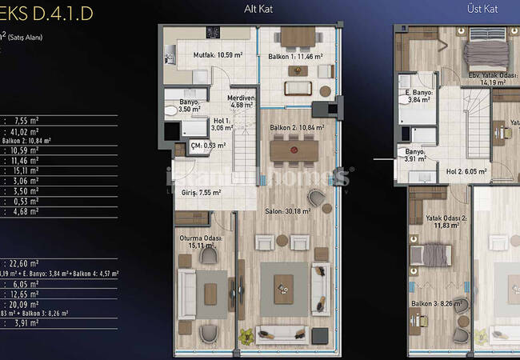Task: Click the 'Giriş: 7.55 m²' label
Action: click(201, 193)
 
